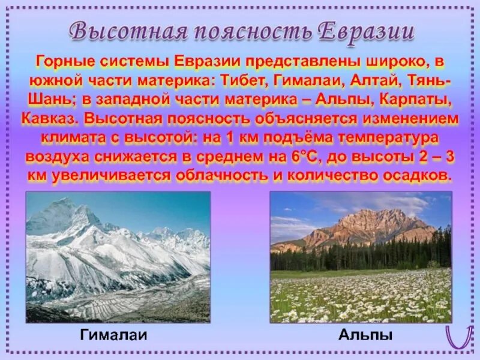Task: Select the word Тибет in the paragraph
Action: click(246, 80)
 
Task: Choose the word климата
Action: click(70, 137)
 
